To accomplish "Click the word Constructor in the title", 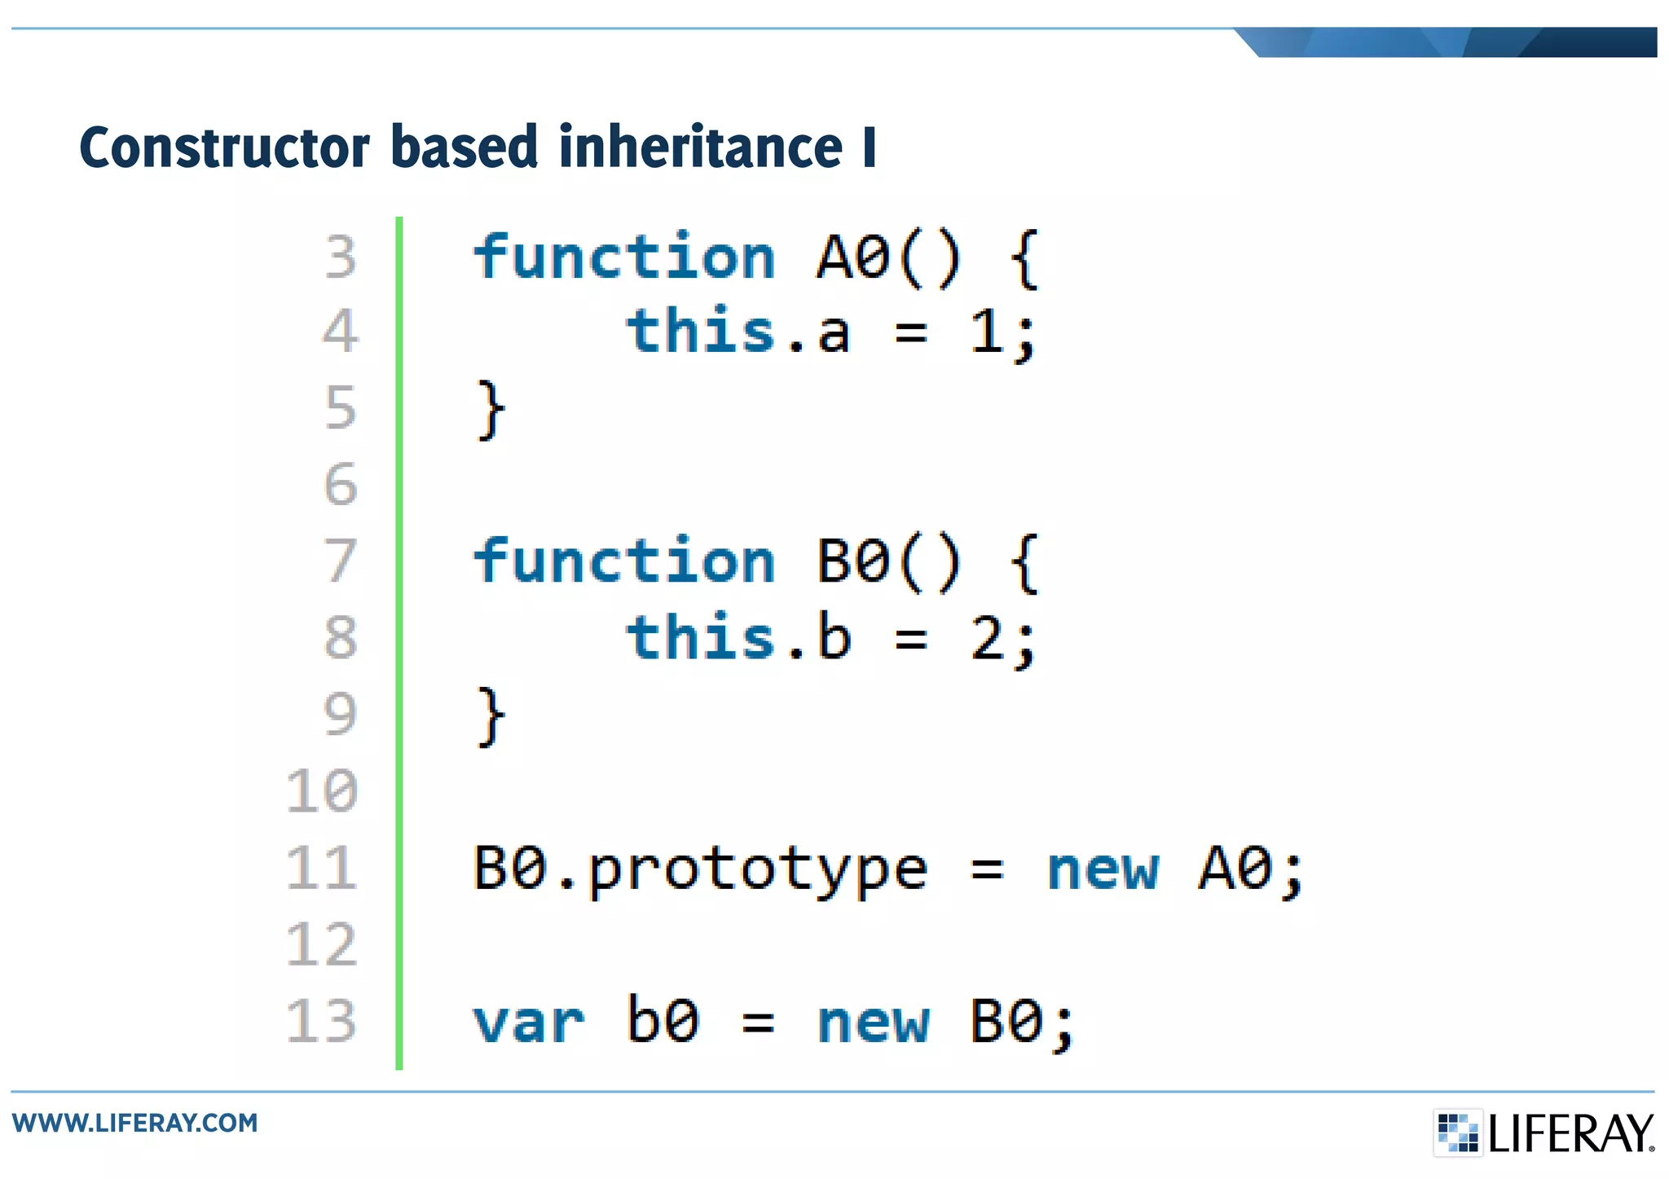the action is pos(224,147).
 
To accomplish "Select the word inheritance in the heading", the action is pos(700,147).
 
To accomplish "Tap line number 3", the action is pos(341,257).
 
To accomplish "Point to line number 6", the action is pos(341,485).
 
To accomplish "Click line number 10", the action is pos(323,791).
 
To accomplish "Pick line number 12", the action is pos(323,945).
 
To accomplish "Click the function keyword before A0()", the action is pos(624,257).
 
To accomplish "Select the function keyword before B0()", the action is pos(624,561).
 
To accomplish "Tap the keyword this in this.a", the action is pos(700,332).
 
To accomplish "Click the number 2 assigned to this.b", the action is pos(988,639).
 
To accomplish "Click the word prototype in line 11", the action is pos(757,870).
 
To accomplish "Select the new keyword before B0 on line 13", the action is pos(873,1023).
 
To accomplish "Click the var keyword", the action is pos(528,1023).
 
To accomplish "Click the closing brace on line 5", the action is pos(490,410).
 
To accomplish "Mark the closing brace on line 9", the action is pos(490,716).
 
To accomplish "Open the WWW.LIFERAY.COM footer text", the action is pos(135,1123).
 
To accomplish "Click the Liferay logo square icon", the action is pos(1457,1133).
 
